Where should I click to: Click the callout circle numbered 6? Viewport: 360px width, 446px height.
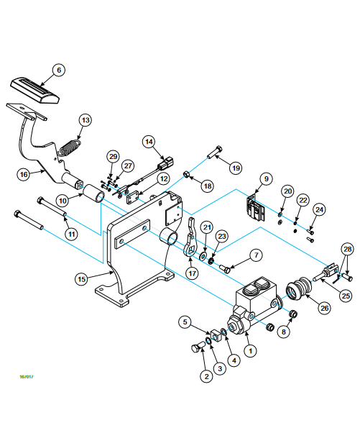(59, 70)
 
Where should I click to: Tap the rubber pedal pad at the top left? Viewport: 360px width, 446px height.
(35, 90)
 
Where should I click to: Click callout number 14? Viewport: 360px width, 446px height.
(149, 142)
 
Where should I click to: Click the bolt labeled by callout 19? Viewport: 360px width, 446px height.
(215, 153)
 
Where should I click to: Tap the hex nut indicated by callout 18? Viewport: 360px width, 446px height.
(185, 174)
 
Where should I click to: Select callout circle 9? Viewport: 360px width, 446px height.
(267, 179)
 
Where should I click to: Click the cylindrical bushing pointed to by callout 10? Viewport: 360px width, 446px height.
(94, 194)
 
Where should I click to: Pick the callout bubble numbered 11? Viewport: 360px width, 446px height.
(71, 234)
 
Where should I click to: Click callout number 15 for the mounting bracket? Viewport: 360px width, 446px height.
(81, 279)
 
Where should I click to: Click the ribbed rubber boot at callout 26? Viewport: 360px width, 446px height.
(299, 288)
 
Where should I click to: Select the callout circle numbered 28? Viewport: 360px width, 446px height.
(348, 250)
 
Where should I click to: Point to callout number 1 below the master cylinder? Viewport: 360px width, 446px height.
(250, 351)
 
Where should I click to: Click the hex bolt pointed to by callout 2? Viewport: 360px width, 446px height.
(198, 347)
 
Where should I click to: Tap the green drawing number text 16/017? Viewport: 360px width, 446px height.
(27, 377)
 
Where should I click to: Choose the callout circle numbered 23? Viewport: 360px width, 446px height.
(222, 237)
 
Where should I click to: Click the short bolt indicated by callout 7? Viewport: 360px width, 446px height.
(224, 268)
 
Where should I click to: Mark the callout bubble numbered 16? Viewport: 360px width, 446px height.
(24, 174)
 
